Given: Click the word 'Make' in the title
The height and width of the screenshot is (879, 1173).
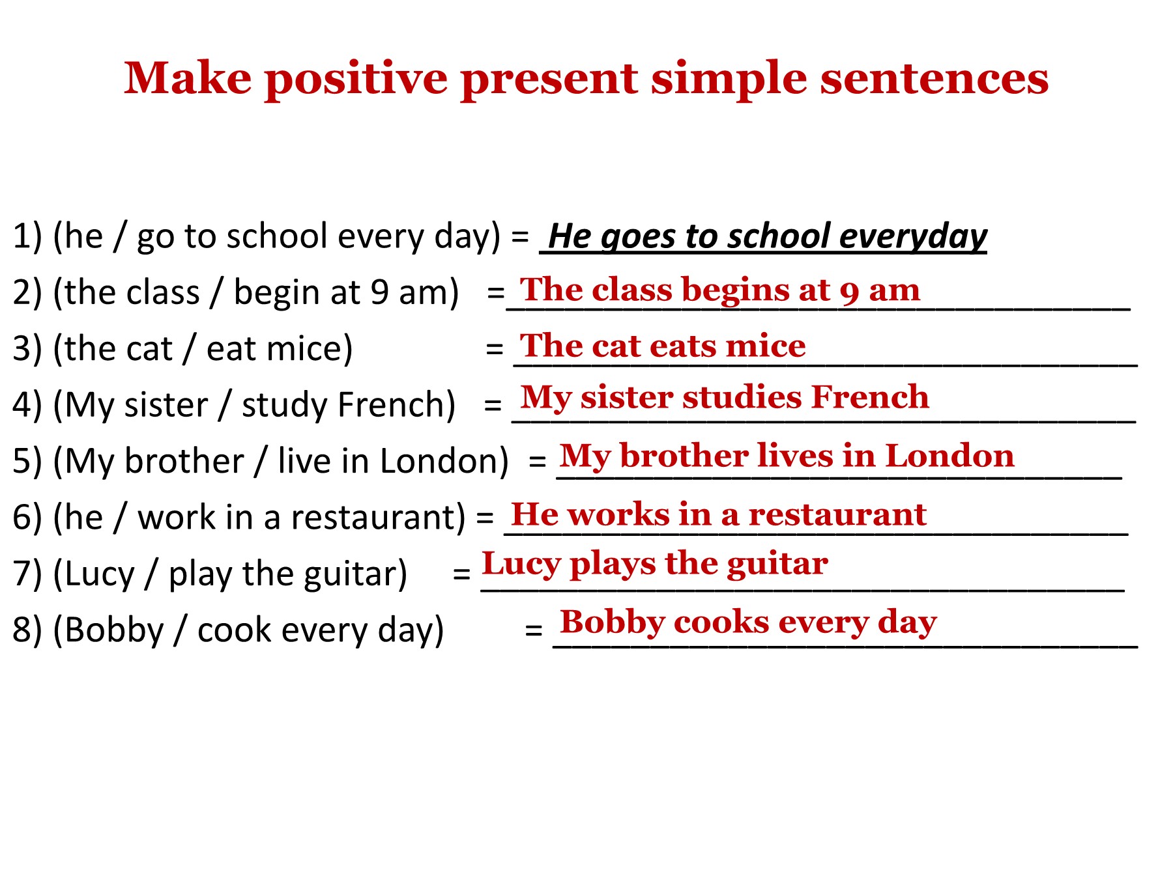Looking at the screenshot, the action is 188,78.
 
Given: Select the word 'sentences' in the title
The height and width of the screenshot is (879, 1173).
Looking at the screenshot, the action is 934,79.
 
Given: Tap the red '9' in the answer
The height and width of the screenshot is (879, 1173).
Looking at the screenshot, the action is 850,293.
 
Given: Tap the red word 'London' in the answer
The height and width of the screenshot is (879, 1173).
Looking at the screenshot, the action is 949,456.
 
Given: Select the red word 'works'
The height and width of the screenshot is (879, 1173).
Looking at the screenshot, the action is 618,515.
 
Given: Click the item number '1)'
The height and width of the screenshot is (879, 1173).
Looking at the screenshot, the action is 27,236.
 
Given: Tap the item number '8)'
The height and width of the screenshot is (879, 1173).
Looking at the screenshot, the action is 27,630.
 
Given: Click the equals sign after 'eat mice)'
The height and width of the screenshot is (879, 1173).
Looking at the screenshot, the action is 495,349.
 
